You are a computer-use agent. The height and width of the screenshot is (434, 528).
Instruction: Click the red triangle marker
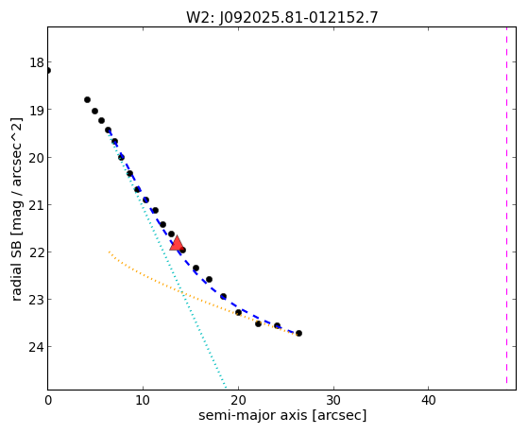[x=177, y=243]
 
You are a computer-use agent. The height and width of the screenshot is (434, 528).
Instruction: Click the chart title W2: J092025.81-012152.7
[x=282, y=18]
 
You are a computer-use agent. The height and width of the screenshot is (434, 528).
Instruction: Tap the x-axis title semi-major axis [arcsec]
[x=282, y=415]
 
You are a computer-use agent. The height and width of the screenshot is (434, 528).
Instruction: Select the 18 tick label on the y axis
[x=37, y=62]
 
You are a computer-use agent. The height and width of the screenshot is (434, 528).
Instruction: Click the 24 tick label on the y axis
[x=37, y=347]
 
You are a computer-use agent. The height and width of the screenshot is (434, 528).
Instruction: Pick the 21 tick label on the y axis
[x=37, y=205]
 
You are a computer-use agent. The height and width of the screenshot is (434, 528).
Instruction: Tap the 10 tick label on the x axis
[x=144, y=401]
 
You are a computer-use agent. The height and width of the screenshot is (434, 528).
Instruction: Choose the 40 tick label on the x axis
[x=428, y=401]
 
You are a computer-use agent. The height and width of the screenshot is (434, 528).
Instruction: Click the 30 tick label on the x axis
[x=333, y=401]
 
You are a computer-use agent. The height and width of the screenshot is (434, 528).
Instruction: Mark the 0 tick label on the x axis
[x=48, y=401]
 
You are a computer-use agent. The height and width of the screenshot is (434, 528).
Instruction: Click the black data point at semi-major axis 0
[x=48, y=71]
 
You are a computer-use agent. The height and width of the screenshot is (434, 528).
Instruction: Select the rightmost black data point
[x=298, y=333]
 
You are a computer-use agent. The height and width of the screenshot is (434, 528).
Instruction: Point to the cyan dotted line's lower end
[x=226, y=389]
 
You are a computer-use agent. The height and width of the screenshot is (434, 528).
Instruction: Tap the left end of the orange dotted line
[x=109, y=252]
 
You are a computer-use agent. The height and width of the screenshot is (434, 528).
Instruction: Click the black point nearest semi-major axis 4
[x=87, y=100]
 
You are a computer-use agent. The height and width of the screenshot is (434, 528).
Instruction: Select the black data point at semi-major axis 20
[x=238, y=312]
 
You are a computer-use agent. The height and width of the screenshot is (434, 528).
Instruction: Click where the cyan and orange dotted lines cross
[x=183, y=292]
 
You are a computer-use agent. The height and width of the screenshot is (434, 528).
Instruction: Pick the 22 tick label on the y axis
[x=37, y=252]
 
